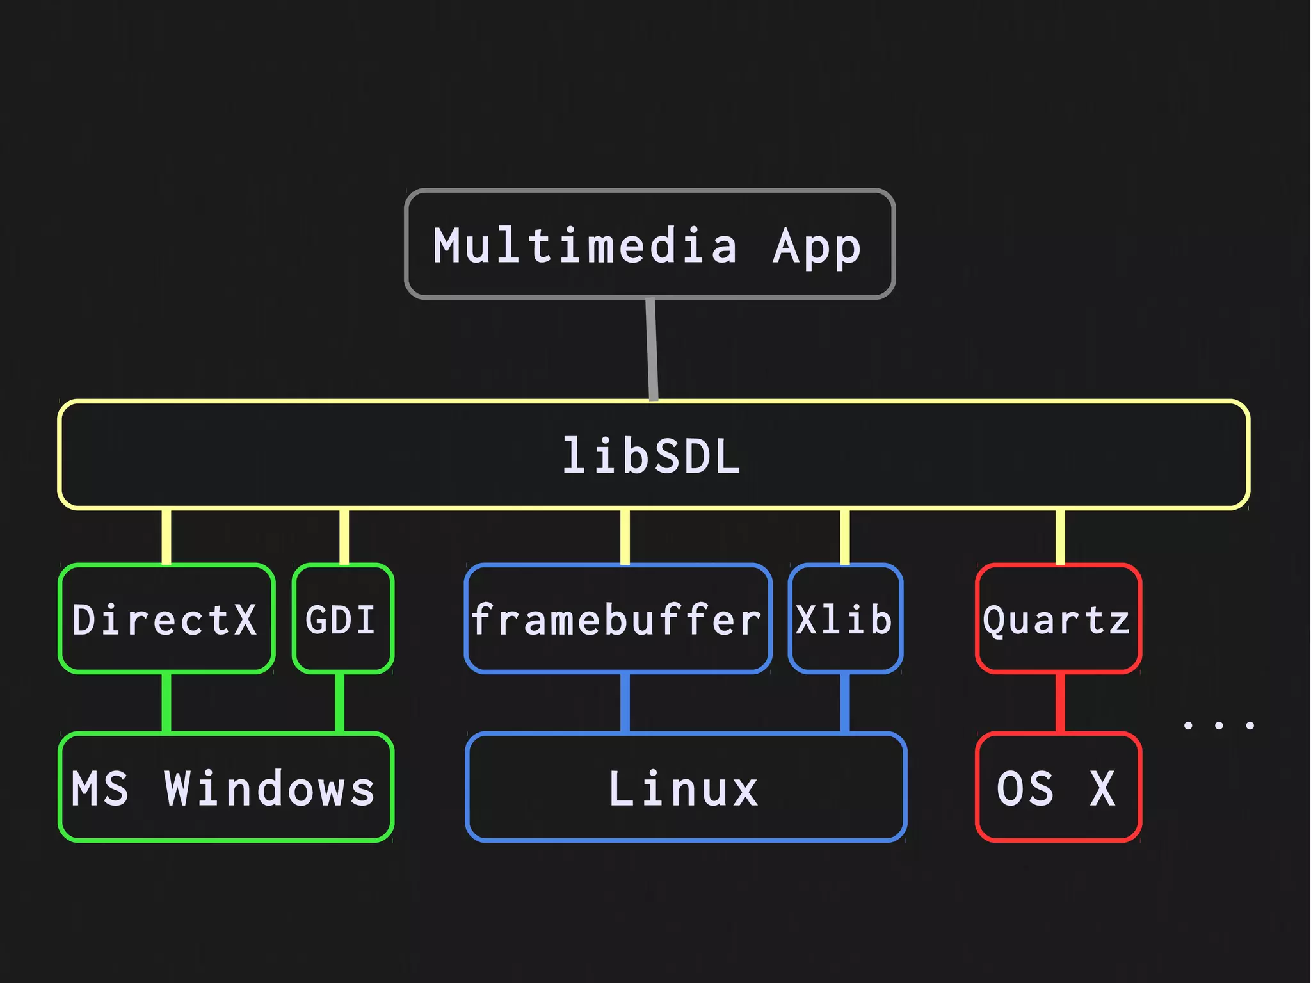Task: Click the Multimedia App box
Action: [649, 244]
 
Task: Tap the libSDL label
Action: [652, 457]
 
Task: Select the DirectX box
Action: [166, 619]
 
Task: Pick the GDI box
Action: [342, 619]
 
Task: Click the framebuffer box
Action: [618, 619]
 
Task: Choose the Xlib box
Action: [845, 619]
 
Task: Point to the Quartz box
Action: [1058, 619]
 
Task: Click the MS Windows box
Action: [225, 787]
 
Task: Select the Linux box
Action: [686, 787]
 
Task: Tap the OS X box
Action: [1058, 787]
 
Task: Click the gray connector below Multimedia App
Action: [652, 349]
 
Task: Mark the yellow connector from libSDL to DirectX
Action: [166, 537]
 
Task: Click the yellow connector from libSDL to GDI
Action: [344, 537]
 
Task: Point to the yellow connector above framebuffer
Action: [625, 537]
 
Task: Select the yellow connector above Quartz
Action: [1060, 537]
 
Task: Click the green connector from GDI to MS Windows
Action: [339, 703]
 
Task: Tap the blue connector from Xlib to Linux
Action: [844, 703]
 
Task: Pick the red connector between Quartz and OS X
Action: [1060, 703]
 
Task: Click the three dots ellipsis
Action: [1219, 726]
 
